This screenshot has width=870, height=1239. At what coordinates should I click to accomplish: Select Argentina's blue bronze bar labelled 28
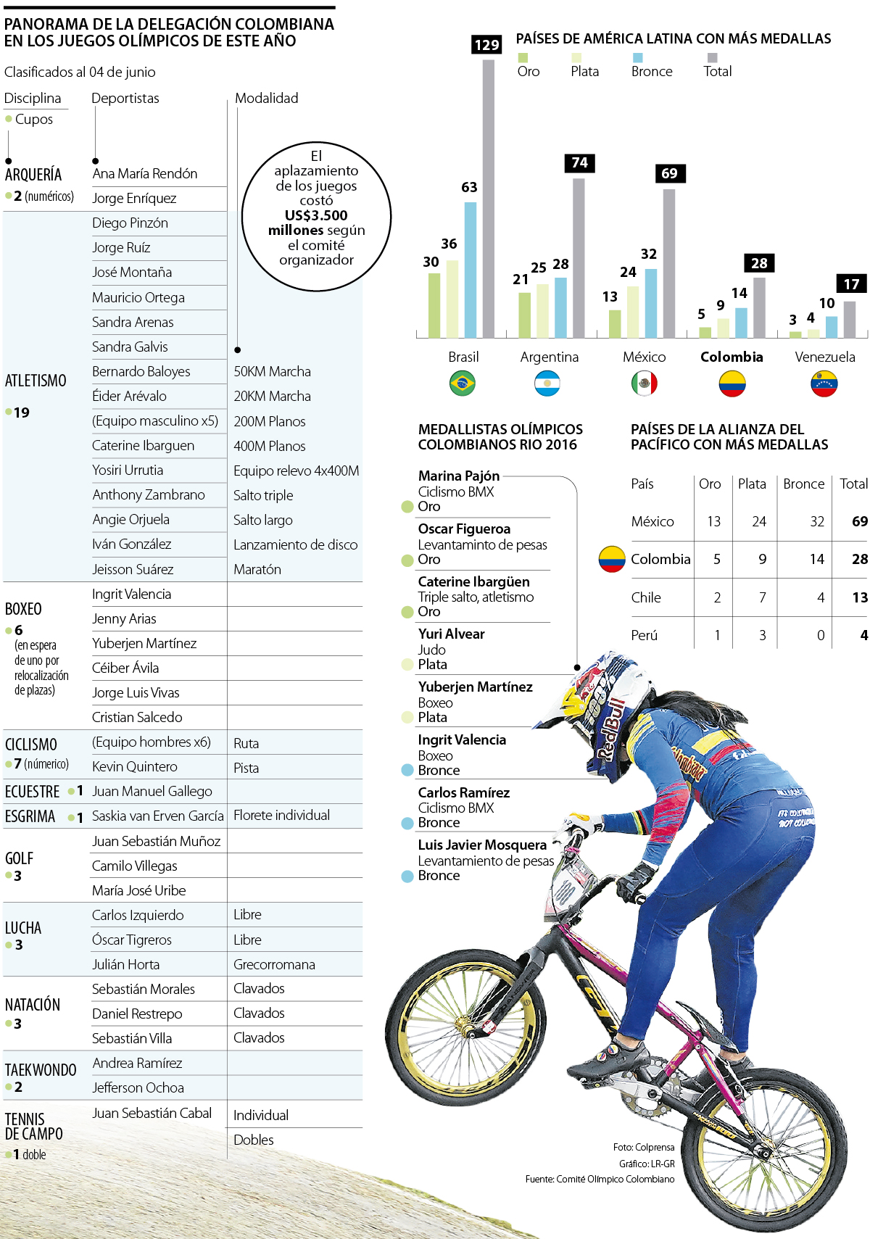point(560,307)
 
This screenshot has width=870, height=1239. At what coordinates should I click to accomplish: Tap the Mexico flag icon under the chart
point(644,384)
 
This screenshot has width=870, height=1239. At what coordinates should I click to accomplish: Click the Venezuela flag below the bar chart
point(824,384)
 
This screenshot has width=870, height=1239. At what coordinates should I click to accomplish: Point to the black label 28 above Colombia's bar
point(759,263)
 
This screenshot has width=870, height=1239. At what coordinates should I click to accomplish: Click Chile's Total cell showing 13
point(859,597)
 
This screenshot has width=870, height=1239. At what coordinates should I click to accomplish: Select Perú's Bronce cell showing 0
point(820,635)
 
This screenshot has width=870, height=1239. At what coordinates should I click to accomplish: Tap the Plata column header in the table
point(752,484)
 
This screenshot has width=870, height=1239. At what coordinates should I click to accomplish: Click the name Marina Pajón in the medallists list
point(458,476)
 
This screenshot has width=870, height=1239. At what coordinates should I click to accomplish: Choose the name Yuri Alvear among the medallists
point(451,634)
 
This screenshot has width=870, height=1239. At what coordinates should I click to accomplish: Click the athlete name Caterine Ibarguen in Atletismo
point(143,445)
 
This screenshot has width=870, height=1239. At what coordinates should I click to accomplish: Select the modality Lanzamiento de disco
point(295,544)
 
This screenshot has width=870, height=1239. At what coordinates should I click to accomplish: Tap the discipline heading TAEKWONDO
point(41,1070)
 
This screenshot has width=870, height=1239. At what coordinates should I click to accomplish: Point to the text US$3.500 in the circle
point(316,215)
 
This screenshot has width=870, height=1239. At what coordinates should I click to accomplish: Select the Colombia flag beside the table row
point(612,559)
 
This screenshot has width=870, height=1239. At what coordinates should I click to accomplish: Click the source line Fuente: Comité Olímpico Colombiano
point(600,1179)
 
